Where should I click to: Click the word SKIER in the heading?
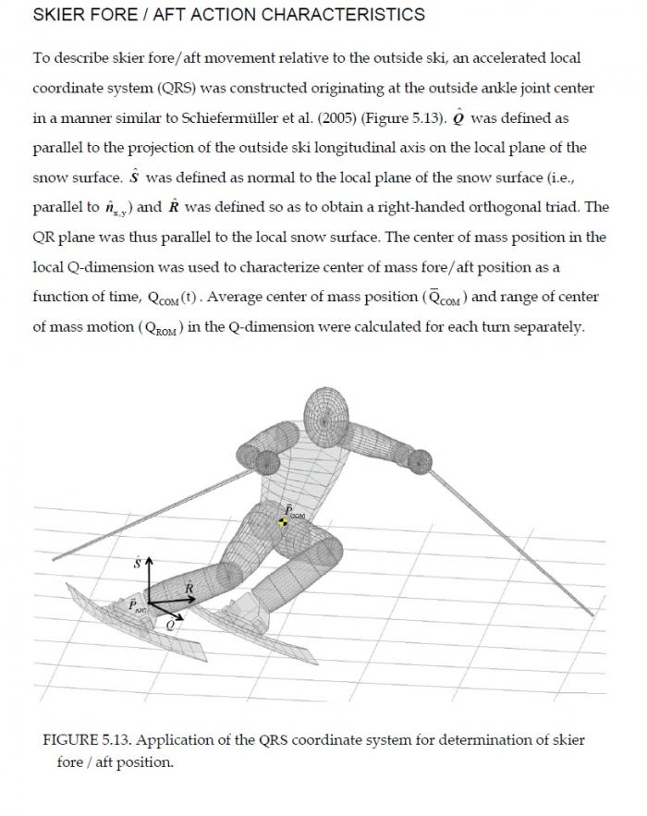[x=55, y=15]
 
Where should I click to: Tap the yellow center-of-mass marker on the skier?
[x=283, y=523]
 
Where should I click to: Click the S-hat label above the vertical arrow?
[x=139, y=561]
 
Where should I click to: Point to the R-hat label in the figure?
[x=189, y=587]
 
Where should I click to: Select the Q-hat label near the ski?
[x=170, y=624]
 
